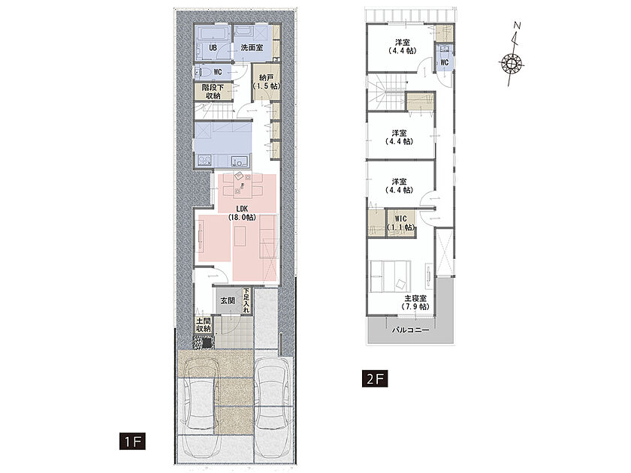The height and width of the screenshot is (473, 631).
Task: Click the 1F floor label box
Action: coord(132,441)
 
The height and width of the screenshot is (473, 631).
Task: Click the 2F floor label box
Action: coord(375,378)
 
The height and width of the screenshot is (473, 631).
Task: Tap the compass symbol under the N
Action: coord(511,64)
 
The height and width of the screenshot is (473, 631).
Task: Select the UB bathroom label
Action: coord(213,48)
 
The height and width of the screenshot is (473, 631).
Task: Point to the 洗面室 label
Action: coord(252,47)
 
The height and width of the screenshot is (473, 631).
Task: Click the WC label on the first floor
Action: coord(218,72)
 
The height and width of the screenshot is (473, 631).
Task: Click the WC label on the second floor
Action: coord(444,62)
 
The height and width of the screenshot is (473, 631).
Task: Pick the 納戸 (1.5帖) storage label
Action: coord(267,82)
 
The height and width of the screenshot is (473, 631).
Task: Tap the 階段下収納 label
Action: coord(213,92)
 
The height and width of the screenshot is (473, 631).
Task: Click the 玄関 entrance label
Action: coord(228,300)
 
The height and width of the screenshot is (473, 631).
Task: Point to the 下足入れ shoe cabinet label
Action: coord(246,300)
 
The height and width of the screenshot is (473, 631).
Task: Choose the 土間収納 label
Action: coord(204,324)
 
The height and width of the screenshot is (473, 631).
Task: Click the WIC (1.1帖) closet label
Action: coord(400,223)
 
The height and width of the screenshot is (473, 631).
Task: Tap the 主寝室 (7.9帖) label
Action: coord(415,303)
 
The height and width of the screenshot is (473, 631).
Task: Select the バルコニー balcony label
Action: coord(410,330)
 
